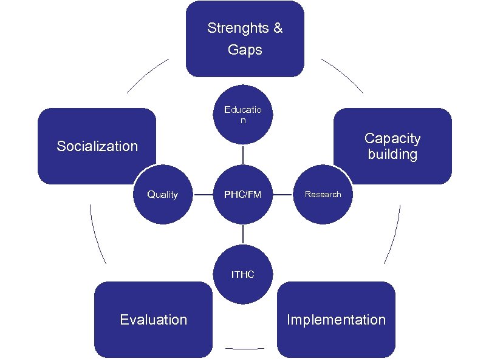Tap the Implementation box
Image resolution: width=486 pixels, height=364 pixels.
pos(336,320)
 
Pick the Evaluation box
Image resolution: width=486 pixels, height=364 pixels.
pos(154,320)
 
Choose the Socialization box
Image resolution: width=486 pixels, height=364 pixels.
pos(97,146)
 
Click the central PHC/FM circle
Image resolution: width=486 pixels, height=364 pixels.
pos(243,195)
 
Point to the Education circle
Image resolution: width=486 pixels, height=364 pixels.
pos(243,115)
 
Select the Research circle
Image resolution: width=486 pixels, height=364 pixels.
pos(323,195)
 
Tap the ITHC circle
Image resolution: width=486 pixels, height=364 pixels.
pos(243,274)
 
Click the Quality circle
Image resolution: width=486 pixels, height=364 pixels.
pos(163,195)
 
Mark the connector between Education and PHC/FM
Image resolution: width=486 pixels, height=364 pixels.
pos(243,155)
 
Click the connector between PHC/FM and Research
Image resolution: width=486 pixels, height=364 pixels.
pos(282,195)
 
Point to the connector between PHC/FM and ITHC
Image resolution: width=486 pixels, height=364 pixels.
pos(243,234)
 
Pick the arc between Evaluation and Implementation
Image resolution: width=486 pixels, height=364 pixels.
pos(245,349)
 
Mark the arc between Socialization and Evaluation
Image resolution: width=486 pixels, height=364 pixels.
pos(95,234)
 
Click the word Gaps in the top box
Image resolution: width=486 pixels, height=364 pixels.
pos(245,50)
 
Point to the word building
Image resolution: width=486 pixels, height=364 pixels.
pos(392,154)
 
